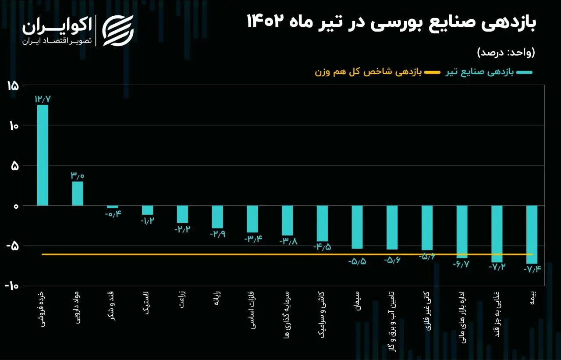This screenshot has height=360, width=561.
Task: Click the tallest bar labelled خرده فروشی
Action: (43, 155)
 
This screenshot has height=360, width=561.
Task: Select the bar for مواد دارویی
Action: (78, 193)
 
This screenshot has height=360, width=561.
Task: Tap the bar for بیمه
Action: (532, 235)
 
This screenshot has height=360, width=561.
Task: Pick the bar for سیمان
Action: (357, 227)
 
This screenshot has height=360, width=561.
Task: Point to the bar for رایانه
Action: (217, 217)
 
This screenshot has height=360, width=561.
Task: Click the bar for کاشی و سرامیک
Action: (322, 224)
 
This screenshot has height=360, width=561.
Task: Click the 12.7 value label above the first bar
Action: (43, 99)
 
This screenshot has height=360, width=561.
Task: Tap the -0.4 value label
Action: (113, 214)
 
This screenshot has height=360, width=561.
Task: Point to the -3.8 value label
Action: (288, 241)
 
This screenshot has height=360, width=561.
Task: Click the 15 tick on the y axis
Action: (13, 86)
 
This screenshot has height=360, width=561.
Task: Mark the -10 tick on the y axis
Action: (12, 285)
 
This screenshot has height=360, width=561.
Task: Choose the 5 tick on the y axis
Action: (15, 166)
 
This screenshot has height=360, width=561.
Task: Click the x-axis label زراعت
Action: (182, 299)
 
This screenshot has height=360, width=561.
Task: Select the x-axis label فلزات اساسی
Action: (252, 310)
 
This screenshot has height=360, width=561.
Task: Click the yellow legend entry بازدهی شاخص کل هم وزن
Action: (378, 72)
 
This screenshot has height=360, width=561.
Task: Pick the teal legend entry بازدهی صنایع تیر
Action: (489, 72)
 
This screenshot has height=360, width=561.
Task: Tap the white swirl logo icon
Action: (118, 31)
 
